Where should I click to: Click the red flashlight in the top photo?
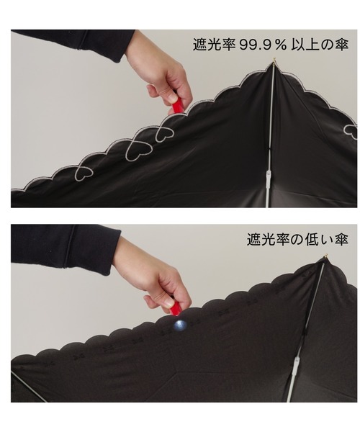pos(176,105)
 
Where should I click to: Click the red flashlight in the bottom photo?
pos(175,307)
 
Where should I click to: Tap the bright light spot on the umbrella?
pos(180,325)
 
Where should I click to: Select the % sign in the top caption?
pos(280,45)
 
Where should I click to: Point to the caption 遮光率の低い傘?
pos(297,240)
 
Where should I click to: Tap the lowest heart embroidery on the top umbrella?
pos(84,173)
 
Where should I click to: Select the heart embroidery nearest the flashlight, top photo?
pos(165,134)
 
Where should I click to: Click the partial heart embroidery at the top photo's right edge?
pos(351,129)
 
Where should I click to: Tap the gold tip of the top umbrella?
pos(274,59)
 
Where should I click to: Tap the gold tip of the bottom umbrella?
pos(327,256)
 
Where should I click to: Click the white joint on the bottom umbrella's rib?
pos(297,364)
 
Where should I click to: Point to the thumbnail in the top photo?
pos(171,97)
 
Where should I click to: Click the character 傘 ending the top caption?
pos(343,45)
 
